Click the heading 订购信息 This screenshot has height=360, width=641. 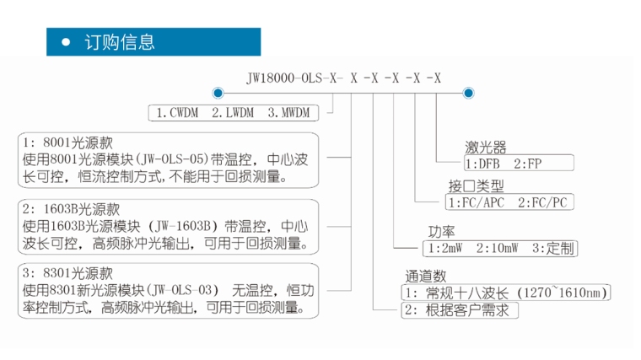tap(121, 41)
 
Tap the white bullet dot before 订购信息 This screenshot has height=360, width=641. tap(66, 41)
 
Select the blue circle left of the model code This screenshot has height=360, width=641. tap(218, 93)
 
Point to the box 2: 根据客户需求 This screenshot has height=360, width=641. tap(460, 309)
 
